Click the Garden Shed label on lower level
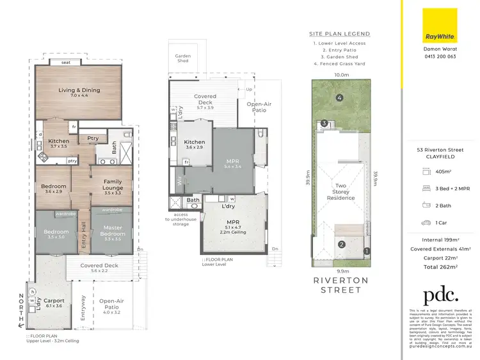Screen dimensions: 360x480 [x=183, y=58]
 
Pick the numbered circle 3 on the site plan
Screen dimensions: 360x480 [x=324, y=124]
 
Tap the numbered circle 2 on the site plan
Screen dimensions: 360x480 [x=342, y=244]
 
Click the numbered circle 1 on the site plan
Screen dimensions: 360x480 [x=367, y=250]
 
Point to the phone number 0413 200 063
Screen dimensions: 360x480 [x=440, y=56]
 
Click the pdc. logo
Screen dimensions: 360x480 [x=440, y=295]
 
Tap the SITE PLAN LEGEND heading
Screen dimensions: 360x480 [x=339, y=34]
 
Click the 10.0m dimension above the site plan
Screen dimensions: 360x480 [x=342, y=75]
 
